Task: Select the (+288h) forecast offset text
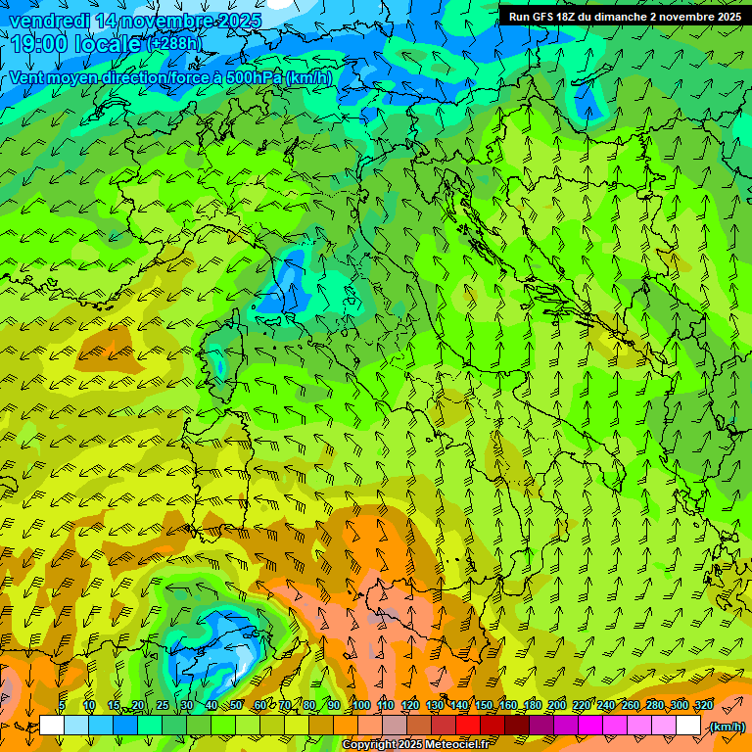coord(174,44)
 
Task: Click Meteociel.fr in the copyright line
coord(451,745)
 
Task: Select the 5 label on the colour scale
coord(62,705)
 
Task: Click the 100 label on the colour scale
coord(360,705)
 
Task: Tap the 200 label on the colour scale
coord(556,705)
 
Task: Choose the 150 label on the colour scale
coord(484,705)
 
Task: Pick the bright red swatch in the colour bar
coord(468,726)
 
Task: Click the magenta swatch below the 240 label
coord(615,726)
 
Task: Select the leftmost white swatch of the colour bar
coord(52,726)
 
